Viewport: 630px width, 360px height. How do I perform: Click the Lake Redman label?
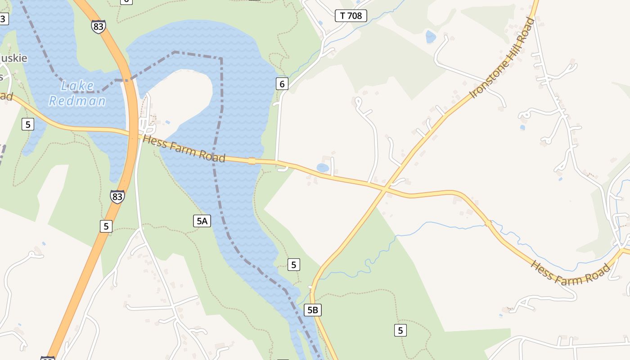click(77, 93)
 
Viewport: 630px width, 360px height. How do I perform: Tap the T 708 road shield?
click(351, 16)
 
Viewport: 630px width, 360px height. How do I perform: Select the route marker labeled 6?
click(282, 83)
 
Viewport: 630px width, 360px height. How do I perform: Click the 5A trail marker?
click(202, 220)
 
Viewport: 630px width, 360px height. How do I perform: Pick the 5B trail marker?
click(313, 310)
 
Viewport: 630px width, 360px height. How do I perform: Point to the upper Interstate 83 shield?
click(98, 26)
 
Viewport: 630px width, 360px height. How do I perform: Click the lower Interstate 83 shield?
click(117, 196)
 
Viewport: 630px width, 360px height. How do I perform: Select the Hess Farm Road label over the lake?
click(184, 148)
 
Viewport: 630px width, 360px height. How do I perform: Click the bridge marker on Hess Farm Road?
click(252, 161)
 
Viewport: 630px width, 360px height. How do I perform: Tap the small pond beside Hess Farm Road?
click(323, 168)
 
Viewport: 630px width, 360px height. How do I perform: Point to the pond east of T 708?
click(431, 37)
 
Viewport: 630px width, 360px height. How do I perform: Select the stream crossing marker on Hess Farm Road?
click(488, 223)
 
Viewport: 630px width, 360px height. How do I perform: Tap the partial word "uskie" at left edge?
click(13, 58)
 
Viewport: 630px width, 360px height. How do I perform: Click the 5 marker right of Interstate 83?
click(106, 226)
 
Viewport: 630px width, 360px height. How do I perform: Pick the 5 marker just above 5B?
click(293, 265)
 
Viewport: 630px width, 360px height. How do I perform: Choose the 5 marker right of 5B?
click(400, 330)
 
